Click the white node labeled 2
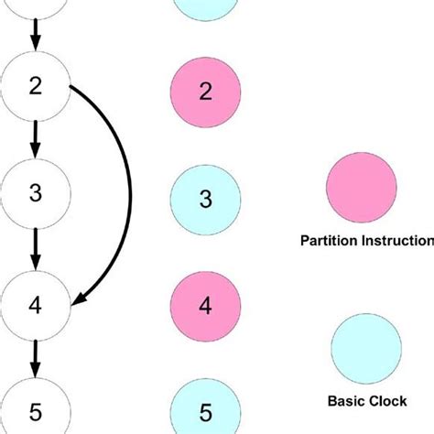(36, 88)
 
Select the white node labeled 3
(36, 193)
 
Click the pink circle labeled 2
(206, 92)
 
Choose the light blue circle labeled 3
(206, 199)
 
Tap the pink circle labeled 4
(206, 305)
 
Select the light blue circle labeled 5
(206, 409)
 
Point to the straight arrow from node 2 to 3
(36, 140)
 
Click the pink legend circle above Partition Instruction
(361, 187)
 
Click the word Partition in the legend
(330, 242)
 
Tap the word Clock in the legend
(386, 400)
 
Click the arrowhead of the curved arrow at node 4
(81, 297)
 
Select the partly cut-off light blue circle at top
(206, 7)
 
